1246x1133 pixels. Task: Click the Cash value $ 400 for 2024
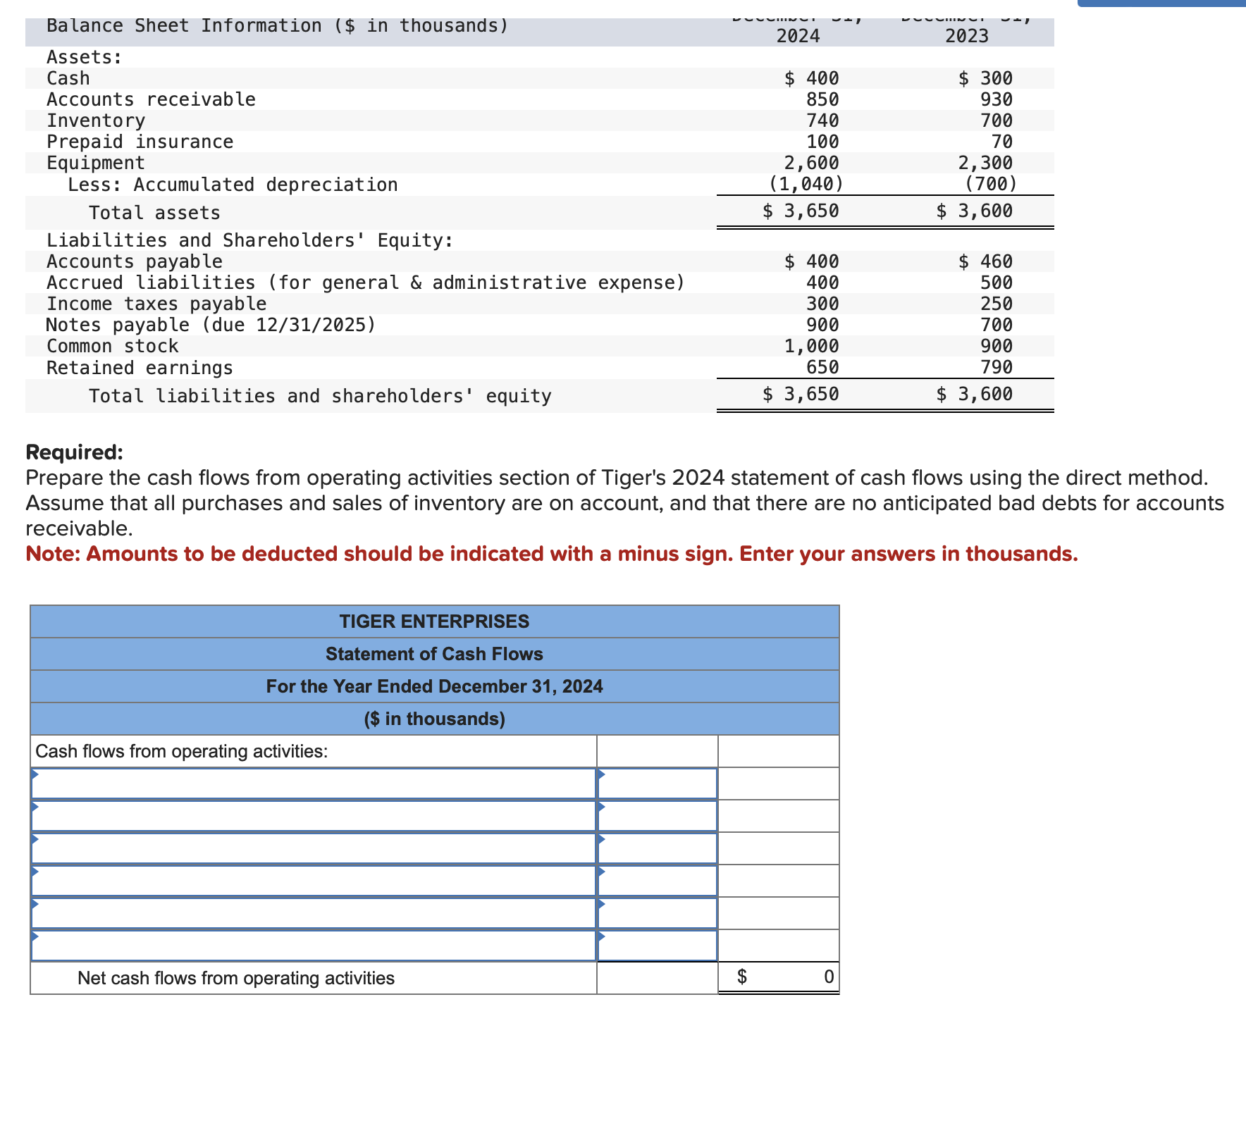coord(812,78)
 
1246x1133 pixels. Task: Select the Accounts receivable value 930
coord(996,99)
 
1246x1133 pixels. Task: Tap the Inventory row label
coord(96,120)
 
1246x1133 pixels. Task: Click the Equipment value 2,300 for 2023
coord(985,163)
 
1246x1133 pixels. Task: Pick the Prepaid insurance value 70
coord(1001,142)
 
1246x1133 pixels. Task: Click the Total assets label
coord(154,213)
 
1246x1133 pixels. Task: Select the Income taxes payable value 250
coord(996,304)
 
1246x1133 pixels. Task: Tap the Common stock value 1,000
coord(811,346)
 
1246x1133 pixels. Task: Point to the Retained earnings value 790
coord(996,367)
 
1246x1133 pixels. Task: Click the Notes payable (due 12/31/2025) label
coord(211,325)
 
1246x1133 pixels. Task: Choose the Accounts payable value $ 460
coord(985,261)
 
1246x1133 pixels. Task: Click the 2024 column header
coord(798,36)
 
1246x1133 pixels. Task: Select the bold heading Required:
coord(74,452)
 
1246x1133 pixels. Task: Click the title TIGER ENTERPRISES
coord(434,621)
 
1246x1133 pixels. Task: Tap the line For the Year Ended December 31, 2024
coord(434,686)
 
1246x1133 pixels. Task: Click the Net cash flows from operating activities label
coord(235,978)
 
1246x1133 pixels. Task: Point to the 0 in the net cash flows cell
coord(828,977)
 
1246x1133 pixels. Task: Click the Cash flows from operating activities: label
coord(182,751)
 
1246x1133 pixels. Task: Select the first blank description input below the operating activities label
coord(314,784)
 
